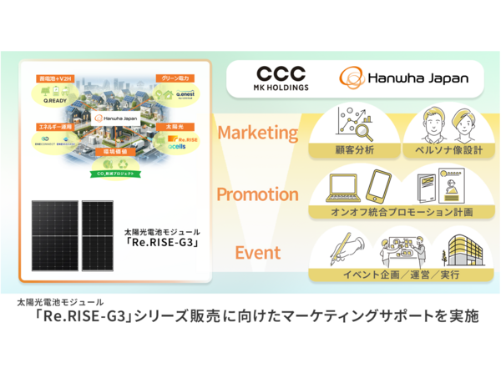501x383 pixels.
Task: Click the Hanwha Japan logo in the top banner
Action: (403, 78)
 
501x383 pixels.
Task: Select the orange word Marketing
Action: (257, 133)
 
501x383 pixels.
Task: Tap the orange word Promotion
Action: (257, 194)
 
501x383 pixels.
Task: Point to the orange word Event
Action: (257, 253)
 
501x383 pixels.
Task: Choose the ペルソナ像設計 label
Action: (443, 151)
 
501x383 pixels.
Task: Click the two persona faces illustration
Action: (443, 125)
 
